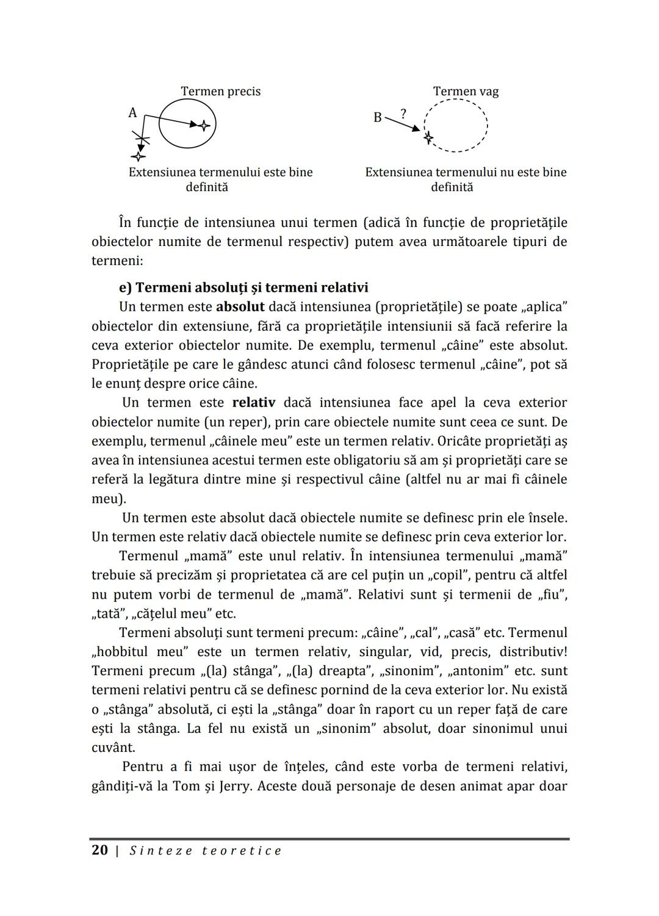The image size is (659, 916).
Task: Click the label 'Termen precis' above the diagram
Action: tap(220, 92)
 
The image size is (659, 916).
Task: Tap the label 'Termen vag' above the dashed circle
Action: tap(466, 92)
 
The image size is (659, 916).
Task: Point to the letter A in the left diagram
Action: tap(132, 113)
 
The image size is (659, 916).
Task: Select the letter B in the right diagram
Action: tap(378, 117)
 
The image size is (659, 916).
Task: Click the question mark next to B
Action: tap(403, 113)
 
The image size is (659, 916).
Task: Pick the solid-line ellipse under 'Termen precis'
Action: tap(187, 124)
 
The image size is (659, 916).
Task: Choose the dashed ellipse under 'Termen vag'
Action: tap(456, 125)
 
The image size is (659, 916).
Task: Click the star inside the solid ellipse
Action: tap(204, 125)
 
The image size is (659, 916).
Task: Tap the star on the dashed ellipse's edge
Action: tap(428, 138)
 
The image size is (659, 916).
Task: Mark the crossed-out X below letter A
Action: tap(142, 141)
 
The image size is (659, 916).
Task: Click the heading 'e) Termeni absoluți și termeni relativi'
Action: tap(243, 287)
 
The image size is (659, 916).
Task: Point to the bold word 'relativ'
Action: tap(253, 403)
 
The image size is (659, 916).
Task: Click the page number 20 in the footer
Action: tap(99, 851)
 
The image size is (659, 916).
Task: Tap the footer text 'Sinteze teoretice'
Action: tap(206, 851)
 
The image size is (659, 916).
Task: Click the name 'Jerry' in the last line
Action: tap(234, 786)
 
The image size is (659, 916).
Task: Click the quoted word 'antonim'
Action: tap(478, 671)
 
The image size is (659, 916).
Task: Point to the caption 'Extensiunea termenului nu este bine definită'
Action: tap(466, 179)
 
